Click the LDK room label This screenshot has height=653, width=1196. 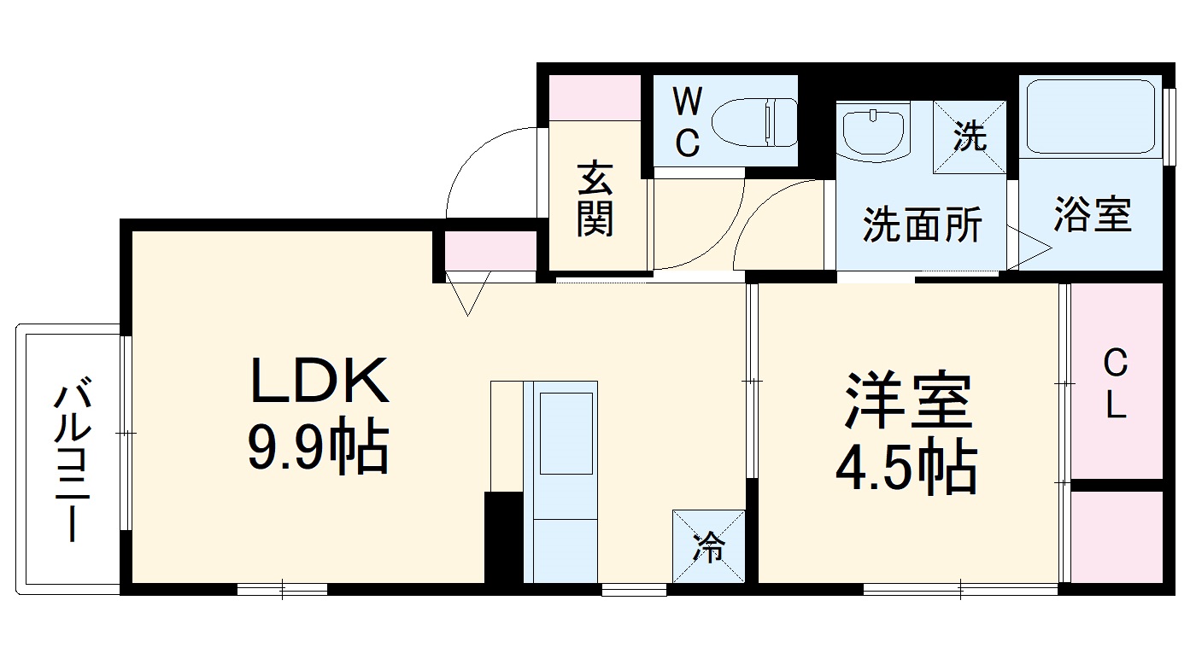tap(319, 382)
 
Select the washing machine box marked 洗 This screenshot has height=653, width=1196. tap(970, 137)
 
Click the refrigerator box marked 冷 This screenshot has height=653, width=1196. tap(708, 546)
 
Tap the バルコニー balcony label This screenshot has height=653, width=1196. tap(71, 462)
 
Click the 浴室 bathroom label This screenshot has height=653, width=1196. tap(1092, 215)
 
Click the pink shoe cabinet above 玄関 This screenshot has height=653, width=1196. tap(595, 97)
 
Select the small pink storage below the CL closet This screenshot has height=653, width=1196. tap(1117, 537)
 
